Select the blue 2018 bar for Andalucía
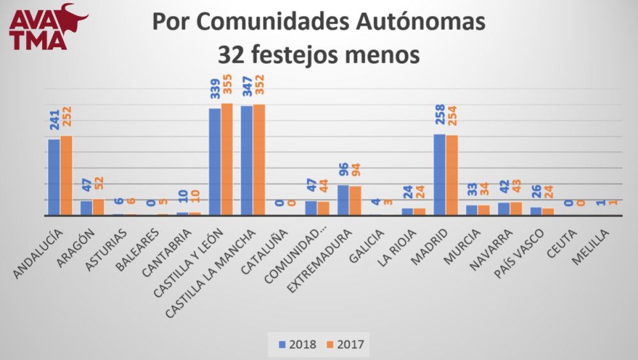click(x=54, y=177)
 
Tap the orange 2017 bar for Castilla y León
click(x=227, y=160)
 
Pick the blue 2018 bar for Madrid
click(x=439, y=175)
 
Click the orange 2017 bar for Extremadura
click(x=355, y=200)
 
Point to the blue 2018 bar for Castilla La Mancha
click(x=247, y=161)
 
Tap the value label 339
click(x=215, y=91)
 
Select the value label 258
click(x=439, y=116)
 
